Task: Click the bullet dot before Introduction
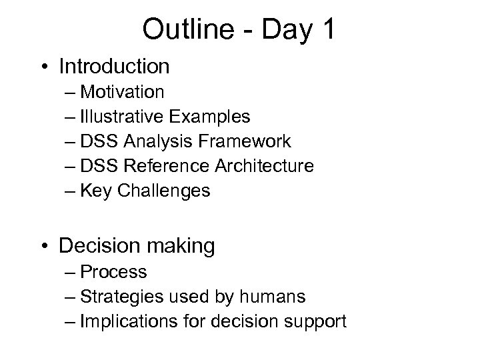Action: click(x=46, y=67)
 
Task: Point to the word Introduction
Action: click(x=114, y=67)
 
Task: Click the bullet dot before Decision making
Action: click(x=46, y=247)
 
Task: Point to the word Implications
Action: click(x=122, y=322)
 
